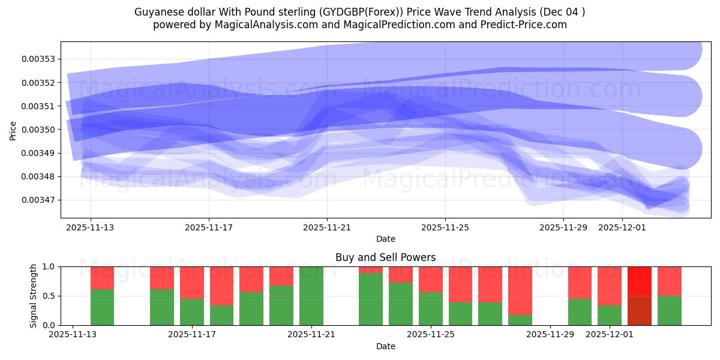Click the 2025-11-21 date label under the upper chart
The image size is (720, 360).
[327, 227]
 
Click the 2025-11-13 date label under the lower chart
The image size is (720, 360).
[73, 335]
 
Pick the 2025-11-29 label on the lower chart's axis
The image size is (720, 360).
[550, 335]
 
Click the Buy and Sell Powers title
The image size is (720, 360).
[385, 257]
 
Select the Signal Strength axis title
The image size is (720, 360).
[34, 296]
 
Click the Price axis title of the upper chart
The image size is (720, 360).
[13, 130]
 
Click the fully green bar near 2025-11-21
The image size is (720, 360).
[311, 296]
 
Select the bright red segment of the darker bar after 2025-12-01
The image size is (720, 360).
[639, 281]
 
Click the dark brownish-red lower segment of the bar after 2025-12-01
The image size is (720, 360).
[639, 310]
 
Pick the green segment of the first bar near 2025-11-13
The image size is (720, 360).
[102, 307]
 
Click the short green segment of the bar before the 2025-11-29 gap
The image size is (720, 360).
[520, 320]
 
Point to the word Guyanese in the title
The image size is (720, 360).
[156, 11]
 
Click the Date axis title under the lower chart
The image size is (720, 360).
[385, 346]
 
